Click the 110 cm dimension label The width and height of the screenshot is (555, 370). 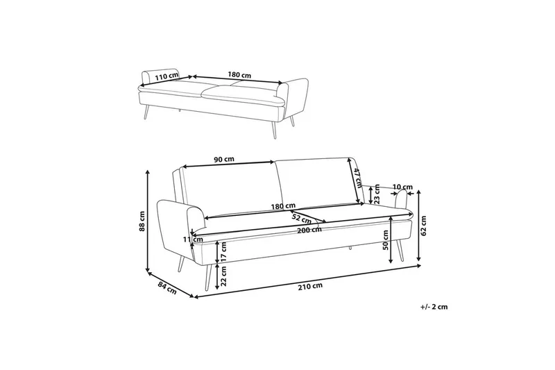coord(166,76)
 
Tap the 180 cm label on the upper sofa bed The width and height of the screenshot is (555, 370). coord(239,75)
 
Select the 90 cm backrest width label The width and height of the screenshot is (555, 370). coord(224,159)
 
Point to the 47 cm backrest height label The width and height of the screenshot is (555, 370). coord(357,177)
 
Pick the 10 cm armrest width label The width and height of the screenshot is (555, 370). coord(403,187)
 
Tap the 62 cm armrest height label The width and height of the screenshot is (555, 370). coord(424,226)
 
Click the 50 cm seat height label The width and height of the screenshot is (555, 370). coord(386,240)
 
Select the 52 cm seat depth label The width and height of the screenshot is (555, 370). coord(301,218)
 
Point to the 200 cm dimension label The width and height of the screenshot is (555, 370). coord(309,230)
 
